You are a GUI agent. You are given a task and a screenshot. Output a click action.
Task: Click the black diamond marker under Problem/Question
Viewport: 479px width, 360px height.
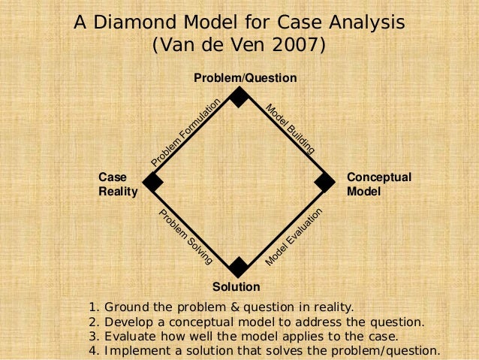click(x=239, y=97)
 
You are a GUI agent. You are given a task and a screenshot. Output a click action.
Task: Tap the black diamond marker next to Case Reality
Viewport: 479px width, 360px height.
click(x=153, y=182)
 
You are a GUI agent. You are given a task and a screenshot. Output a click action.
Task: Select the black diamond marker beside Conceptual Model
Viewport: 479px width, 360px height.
click(x=324, y=182)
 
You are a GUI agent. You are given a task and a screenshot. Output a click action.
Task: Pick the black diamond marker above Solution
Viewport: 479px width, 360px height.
click(x=239, y=267)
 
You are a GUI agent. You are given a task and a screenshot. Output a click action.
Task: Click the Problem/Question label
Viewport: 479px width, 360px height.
click(x=246, y=78)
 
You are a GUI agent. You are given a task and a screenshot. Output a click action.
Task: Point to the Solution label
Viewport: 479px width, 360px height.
click(x=236, y=287)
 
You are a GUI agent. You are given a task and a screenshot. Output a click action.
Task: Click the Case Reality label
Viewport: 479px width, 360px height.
click(x=118, y=184)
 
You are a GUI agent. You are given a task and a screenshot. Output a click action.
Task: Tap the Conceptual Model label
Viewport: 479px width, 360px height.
click(x=378, y=184)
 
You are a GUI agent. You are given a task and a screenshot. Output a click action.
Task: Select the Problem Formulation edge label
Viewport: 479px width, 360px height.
click(x=185, y=133)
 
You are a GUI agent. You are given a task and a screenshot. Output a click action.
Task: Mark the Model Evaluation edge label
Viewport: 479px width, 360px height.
click(x=294, y=236)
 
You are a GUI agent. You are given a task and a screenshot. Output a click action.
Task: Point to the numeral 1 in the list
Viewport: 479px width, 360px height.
click(x=92, y=307)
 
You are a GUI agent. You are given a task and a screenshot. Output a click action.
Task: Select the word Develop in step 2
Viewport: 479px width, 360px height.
click(x=128, y=322)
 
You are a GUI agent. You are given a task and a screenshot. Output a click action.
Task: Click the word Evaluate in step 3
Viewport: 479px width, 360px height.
click(x=130, y=336)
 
